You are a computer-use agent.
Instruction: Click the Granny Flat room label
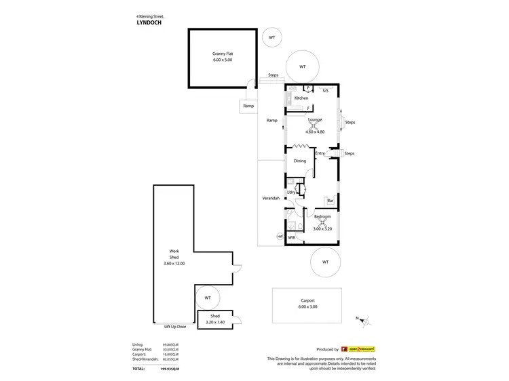pos(221,52)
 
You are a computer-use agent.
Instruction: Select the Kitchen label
pos(301,98)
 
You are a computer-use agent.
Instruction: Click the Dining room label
pos(299,161)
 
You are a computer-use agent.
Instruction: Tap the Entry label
pos(320,153)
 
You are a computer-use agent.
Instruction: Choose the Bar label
pos(330,201)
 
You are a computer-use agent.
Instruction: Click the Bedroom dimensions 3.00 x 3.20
pos(322,228)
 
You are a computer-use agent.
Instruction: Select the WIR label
pos(291,238)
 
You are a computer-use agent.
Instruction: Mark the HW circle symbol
pos(279,237)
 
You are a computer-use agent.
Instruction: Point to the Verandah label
pos(271,198)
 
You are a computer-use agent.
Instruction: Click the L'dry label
pos(292,193)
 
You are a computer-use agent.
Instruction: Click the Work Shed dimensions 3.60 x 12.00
pos(174,262)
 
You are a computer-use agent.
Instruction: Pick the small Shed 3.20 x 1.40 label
pos(214,319)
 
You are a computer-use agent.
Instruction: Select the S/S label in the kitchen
pos(325,90)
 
